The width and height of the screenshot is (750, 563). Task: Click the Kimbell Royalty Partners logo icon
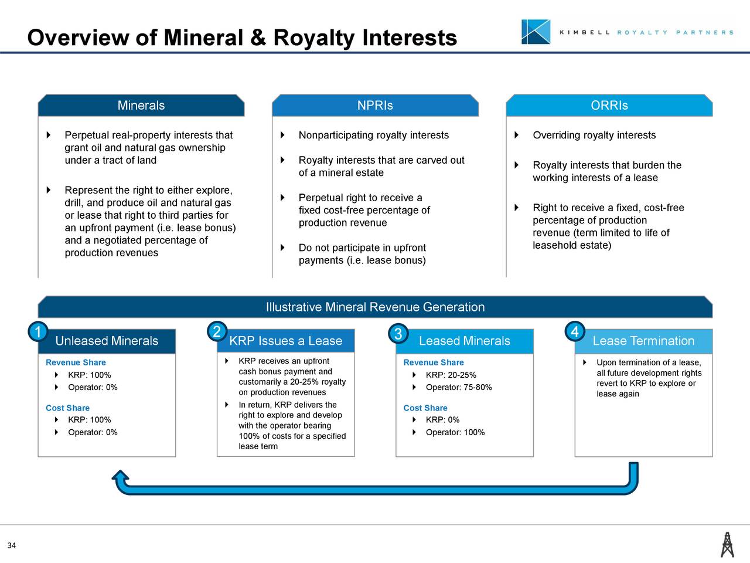(x=536, y=32)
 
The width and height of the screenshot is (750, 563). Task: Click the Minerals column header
(x=141, y=106)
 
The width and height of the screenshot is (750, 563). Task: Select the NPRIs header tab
(x=375, y=106)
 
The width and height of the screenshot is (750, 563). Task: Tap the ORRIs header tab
(x=609, y=106)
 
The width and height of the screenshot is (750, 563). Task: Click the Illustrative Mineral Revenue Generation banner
(x=375, y=307)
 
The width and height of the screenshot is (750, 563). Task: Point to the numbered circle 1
(x=37, y=333)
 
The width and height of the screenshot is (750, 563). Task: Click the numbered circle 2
(x=217, y=332)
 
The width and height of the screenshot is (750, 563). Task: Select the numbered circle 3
(x=397, y=334)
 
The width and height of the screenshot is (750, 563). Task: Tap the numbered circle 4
(x=575, y=333)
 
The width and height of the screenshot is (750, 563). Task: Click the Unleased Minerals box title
(x=107, y=341)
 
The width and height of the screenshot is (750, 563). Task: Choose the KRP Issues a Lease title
(x=285, y=341)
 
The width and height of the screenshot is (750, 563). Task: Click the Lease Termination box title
(x=643, y=341)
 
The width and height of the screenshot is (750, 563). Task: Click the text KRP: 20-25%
(x=451, y=375)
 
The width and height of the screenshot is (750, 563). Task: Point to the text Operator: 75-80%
(x=458, y=387)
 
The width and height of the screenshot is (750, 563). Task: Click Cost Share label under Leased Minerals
(x=425, y=408)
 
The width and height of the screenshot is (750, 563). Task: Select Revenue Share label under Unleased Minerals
(x=76, y=362)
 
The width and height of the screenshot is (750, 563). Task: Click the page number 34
(x=12, y=546)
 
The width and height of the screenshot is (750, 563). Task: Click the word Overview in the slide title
(x=78, y=38)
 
